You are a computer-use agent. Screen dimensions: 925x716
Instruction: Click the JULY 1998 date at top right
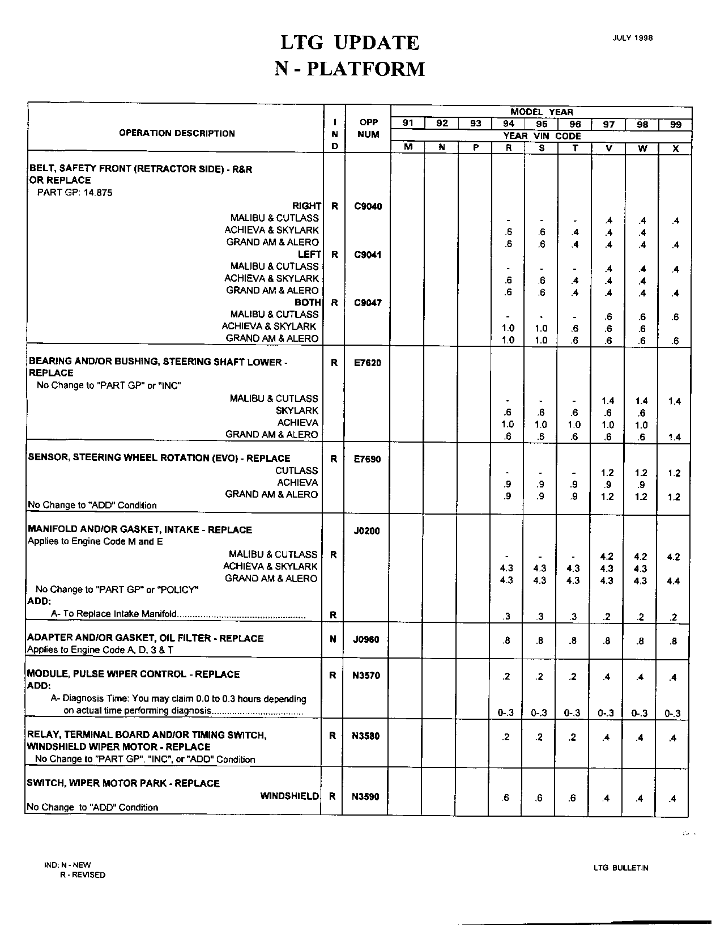pyautogui.click(x=632, y=38)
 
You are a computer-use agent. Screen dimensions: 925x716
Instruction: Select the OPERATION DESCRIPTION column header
pyautogui.click(x=177, y=133)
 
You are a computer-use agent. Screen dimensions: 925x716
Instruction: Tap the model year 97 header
pyautogui.click(x=608, y=124)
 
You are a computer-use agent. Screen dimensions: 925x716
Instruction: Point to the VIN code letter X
pyautogui.click(x=675, y=148)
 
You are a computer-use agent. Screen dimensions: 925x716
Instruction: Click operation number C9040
pyautogui.click(x=368, y=206)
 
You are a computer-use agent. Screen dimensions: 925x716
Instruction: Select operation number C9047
pyautogui.click(x=368, y=303)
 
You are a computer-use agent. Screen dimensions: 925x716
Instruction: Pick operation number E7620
pyautogui.click(x=368, y=363)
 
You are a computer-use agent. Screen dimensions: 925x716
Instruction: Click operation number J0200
pyautogui.click(x=366, y=531)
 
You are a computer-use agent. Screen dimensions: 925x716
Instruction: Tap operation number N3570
pyautogui.click(x=366, y=676)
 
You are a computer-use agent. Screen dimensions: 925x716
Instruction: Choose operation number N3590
pyautogui.click(x=366, y=796)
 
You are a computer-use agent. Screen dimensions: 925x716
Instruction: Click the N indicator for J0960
pyautogui.click(x=333, y=639)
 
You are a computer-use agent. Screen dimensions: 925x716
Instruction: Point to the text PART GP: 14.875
pyautogui.click(x=75, y=193)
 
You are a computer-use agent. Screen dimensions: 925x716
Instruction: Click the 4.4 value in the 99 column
pyautogui.click(x=673, y=581)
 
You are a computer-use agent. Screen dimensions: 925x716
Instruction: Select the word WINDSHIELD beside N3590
pyautogui.click(x=290, y=796)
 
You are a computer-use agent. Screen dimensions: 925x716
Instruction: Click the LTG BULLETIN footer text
pyautogui.click(x=621, y=867)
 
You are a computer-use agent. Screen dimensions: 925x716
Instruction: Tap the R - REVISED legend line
pyautogui.click(x=83, y=875)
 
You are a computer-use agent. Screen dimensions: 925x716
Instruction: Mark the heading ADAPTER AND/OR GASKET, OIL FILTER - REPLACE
pyautogui.click(x=146, y=638)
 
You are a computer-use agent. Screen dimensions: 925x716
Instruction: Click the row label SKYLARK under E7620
pyautogui.click(x=297, y=410)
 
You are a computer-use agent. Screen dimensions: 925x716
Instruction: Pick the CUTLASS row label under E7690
pyautogui.click(x=296, y=470)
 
